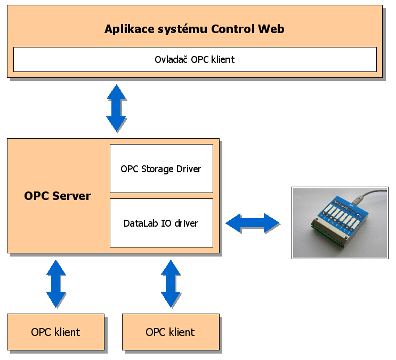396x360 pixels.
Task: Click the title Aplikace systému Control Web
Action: (194, 29)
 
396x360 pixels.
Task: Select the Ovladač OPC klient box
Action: (195, 59)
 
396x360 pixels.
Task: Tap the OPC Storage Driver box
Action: (161, 169)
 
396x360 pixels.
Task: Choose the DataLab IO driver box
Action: (161, 223)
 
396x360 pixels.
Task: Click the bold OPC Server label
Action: (58, 196)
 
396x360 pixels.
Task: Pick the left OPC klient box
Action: (55, 332)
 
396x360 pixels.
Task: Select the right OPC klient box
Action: (171, 332)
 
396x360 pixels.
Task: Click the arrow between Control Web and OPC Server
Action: (116, 108)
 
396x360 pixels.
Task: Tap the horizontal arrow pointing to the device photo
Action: (252, 223)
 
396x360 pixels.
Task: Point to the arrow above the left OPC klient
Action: (55, 283)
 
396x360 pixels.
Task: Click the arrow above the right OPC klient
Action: (171, 283)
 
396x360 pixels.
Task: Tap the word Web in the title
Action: (271, 29)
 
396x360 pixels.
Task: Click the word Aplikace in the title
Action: (128, 29)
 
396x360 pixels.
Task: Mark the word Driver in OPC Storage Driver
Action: (189, 169)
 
